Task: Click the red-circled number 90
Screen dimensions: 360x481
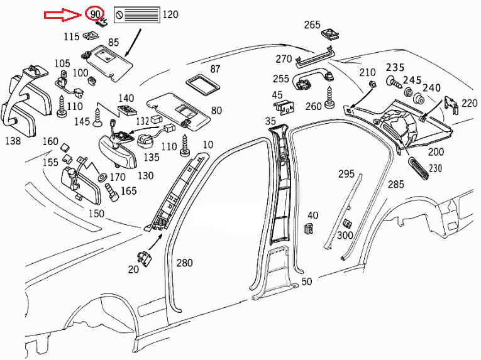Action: pyautogui.click(x=95, y=14)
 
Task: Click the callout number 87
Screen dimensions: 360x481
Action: pyautogui.click(x=215, y=68)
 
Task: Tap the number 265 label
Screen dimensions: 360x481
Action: pyautogui.click(x=312, y=25)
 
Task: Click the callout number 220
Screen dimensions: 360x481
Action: pyautogui.click(x=469, y=102)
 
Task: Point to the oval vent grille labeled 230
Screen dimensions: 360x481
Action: pyautogui.click(x=418, y=168)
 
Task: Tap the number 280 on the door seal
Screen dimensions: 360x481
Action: pyautogui.click(x=184, y=263)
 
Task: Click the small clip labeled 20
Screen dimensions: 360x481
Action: pyautogui.click(x=145, y=256)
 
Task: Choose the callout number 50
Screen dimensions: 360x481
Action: pyautogui.click(x=307, y=281)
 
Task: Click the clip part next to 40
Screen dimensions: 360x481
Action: pyautogui.click(x=310, y=229)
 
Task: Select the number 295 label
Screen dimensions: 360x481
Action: pyautogui.click(x=346, y=174)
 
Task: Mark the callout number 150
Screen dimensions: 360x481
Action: pyautogui.click(x=96, y=214)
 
